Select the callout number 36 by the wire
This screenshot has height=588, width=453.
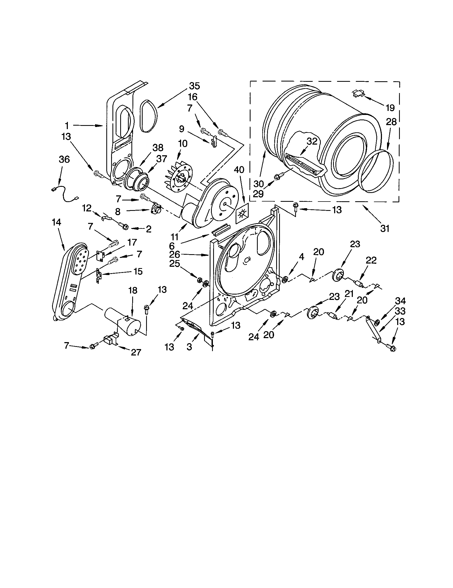click(64, 159)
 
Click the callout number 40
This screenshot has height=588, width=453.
click(239, 170)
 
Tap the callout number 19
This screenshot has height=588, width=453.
click(390, 108)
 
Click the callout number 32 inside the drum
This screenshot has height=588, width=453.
click(312, 142)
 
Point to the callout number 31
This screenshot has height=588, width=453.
click(385, 229)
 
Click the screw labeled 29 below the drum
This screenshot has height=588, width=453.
click(278, 177)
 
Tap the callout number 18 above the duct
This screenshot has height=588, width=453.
click(133, 290)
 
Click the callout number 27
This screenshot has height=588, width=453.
click(136, 352)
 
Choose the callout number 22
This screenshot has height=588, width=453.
click(371, 260)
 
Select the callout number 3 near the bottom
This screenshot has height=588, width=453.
click(189, 347)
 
